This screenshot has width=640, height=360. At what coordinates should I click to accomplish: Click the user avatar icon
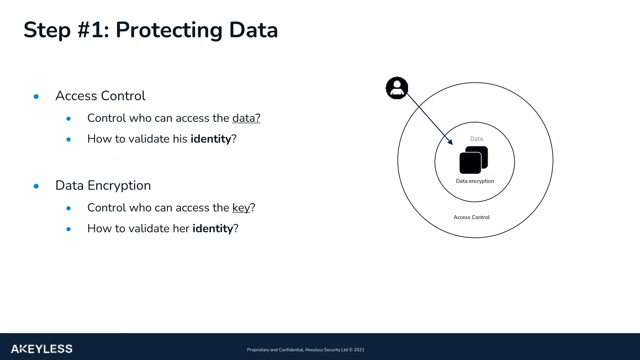[397, 88]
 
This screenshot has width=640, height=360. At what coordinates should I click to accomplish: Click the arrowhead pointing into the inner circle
[450, 142]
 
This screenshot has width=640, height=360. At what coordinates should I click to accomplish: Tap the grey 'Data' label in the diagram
[476, 139]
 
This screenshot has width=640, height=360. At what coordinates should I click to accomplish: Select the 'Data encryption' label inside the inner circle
[475, 181]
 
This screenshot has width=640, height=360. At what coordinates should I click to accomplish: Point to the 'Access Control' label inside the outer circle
[471, 217]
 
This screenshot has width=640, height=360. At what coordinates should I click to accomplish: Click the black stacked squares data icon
[473, 160]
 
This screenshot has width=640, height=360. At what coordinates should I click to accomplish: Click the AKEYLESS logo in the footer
[42, 349]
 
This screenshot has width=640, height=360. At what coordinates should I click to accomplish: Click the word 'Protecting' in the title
[169, 30]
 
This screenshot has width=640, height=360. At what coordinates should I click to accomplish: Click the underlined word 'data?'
[246, 118]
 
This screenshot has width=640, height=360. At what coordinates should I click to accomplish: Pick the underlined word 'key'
[241, 208]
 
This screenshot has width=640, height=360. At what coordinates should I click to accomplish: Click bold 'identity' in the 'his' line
[211, 139]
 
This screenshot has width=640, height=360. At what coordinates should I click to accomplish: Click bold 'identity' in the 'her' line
[212, 228]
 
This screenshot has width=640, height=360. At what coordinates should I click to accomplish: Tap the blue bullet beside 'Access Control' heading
[36, 97]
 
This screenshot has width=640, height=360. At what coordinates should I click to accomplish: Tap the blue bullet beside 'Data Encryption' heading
[36, 186]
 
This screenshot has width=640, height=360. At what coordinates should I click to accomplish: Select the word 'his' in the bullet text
[180, 139]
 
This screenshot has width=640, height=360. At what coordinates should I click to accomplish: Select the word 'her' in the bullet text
[181, 228]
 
